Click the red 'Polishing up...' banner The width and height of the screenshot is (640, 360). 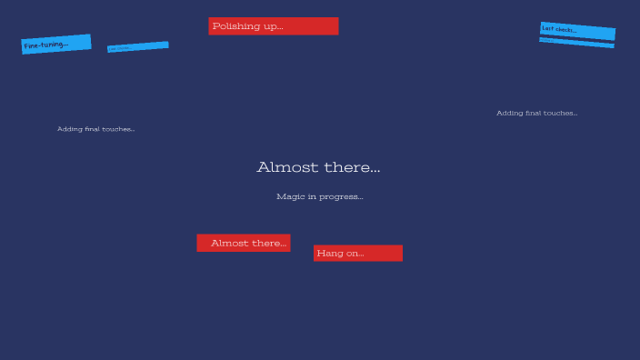coord(273,26)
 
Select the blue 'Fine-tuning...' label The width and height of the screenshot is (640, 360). coord(56,44)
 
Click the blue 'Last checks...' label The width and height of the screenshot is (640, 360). coord(577,31)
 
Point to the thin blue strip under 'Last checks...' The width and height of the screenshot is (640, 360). coord(576,43)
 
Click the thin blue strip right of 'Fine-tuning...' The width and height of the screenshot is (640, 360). coord(138,46)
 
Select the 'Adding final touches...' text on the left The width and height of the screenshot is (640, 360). coord(95,129)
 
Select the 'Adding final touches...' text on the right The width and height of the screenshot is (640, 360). coord(536,114)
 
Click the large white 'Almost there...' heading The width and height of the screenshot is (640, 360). coord(318,167)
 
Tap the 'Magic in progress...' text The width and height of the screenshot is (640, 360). coord(320,196)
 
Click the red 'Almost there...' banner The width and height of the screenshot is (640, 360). coord(244,243)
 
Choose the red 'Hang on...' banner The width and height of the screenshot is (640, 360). coord(358,253)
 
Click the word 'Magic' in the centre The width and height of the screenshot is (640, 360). coord(290,196)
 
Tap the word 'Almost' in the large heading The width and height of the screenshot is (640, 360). coord(285,167)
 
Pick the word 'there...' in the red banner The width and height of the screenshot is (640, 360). coord(268,243)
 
